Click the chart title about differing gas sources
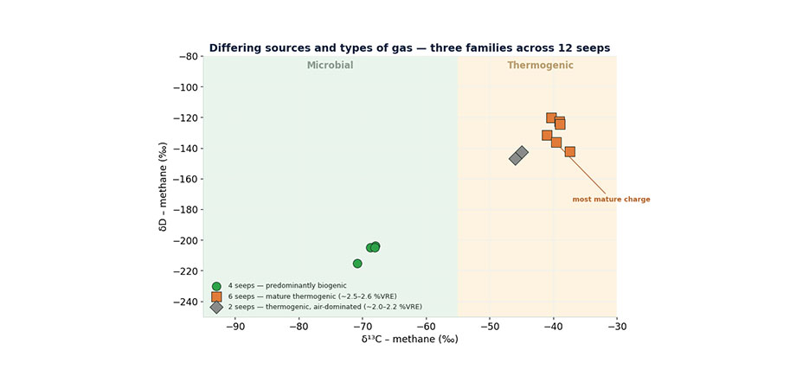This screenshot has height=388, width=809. click(409, 48)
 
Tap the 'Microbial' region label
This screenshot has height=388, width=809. click(331, 66)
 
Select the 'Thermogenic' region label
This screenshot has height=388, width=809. click(540, 66)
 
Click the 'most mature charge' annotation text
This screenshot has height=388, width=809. click(612, 200)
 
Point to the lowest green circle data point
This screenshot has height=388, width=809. click(357, 264)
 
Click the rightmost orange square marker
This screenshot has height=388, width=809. click(569, 151)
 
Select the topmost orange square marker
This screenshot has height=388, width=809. click(551, 118)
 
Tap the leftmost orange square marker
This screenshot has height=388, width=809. click(547, 136)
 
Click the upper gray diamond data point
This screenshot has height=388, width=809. click(522, 152)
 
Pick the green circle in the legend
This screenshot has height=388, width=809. click(216, 286)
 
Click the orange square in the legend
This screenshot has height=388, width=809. click(216, 296)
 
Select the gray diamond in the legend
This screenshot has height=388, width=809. click(216, 307)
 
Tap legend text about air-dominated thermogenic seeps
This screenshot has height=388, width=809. click(325, 307)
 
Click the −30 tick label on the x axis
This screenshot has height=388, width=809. click(617, 328)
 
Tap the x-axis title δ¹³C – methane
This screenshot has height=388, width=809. click(409, 340)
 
